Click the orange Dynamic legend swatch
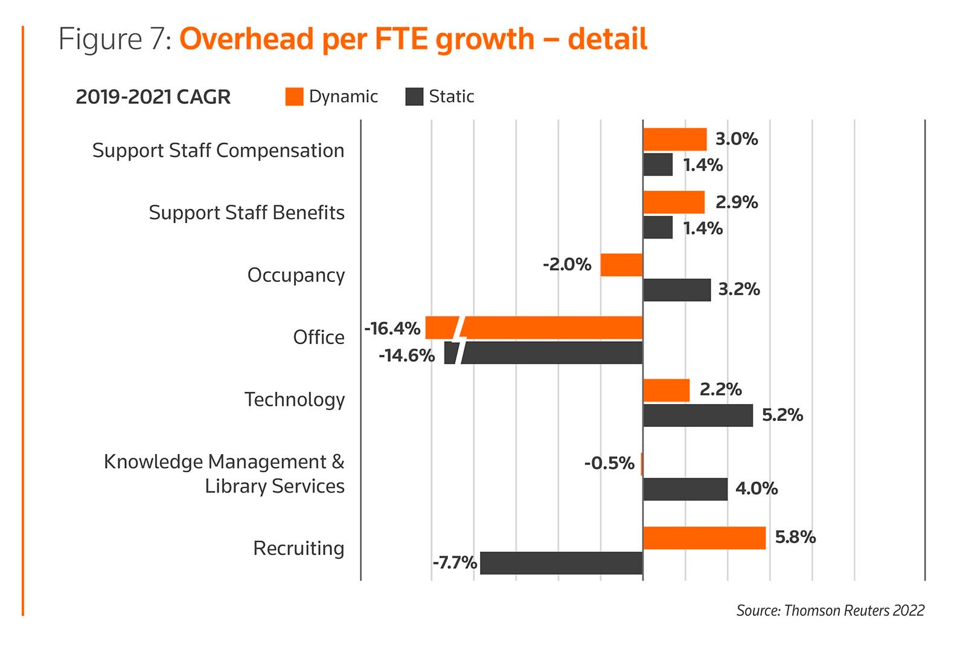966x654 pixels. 294,97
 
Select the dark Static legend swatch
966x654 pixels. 414,97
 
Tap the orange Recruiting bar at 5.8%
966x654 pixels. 704,538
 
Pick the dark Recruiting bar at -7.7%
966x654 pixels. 561,563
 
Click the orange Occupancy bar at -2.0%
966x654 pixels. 621,265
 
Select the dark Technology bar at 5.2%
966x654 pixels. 698,415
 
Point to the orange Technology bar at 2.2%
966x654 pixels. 666,390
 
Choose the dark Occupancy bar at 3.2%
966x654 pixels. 677,290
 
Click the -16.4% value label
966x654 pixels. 392,329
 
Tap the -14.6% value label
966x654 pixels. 406,355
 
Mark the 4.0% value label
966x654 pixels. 756,489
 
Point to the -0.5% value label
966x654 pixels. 609,463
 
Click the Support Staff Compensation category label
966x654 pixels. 218,150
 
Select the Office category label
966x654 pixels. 319,337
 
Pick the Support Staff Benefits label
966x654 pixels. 246,213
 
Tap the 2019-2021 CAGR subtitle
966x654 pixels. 153,97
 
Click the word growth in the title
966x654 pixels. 485,39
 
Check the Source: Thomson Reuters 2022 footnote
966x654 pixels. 830,611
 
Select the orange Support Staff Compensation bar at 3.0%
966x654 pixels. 674,139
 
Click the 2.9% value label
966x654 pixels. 736,202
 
